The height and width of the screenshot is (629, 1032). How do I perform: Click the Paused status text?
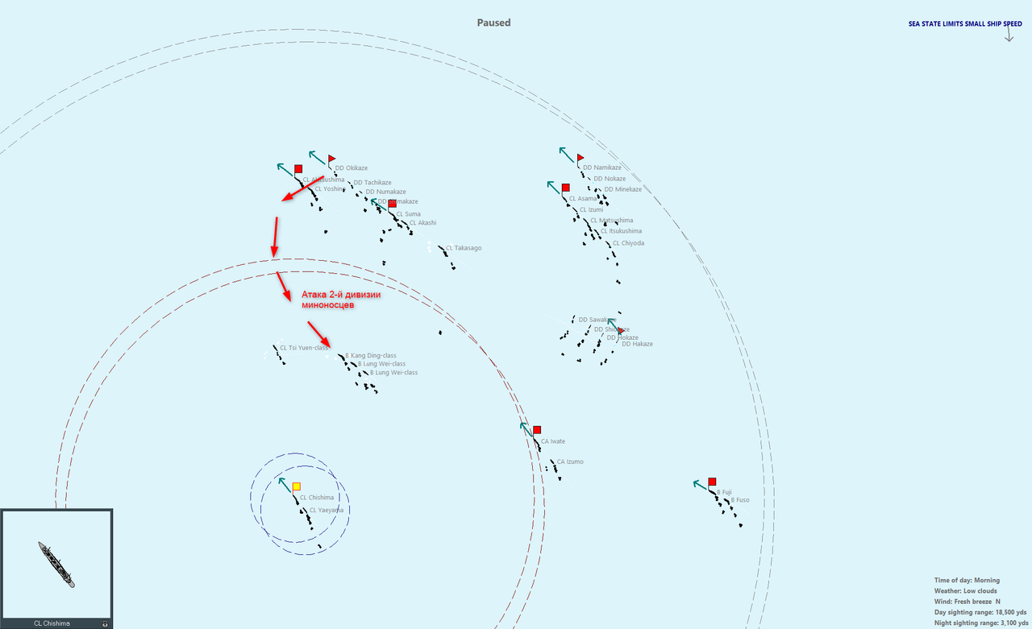[x=493, y=23]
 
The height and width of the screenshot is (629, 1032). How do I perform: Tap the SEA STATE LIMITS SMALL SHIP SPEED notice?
[x=965, y=24]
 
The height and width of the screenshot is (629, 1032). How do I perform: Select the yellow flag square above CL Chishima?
[x=297, y=486]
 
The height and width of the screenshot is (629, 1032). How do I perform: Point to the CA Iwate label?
[x=552, y=441]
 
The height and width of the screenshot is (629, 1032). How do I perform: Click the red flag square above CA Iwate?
[x=537, y=430]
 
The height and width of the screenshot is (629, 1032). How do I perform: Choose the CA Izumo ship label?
[x=569, y=461]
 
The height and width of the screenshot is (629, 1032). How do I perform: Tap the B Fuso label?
[x=739, y=500]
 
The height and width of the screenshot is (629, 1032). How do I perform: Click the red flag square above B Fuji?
[x=712, y=482]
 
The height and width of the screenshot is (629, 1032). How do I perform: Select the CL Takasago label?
[x=464, y=248]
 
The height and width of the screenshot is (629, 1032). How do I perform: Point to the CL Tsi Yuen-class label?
[x=304, y=348]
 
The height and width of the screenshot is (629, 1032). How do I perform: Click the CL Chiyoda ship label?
[x=628, y=243]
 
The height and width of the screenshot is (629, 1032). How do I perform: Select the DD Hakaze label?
[x=637, y=344]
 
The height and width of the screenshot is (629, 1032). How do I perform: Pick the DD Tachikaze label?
[x=372, y=183]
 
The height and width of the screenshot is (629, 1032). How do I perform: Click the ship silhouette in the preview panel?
[x=56, y=564]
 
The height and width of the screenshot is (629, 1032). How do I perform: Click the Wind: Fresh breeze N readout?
[x=967, y=602]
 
